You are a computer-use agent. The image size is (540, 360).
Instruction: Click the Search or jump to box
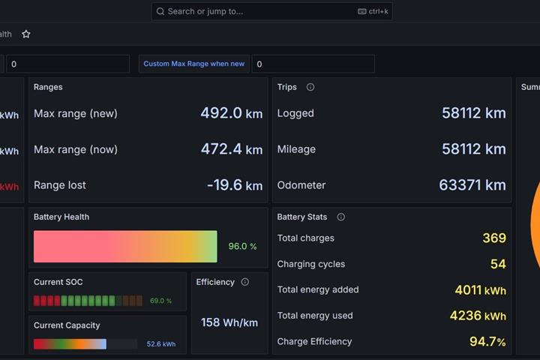coord(271,11)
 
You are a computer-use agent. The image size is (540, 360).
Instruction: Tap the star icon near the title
coord(26,34)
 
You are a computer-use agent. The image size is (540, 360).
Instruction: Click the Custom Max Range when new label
coord(194,64)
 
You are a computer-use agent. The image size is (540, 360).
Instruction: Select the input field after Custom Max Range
coord(313,64)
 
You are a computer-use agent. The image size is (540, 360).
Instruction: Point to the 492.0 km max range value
coord(232,113)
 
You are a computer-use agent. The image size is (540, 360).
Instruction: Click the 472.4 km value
coord(232,149)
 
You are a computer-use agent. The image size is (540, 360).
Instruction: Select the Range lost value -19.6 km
coord(235,185)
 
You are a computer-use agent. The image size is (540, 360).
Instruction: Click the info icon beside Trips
coord(310,87)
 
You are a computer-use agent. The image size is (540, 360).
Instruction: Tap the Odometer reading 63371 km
coord(472,185)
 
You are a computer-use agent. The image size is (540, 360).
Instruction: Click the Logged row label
coord(295,113)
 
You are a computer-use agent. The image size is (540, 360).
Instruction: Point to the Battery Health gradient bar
coord(125,246)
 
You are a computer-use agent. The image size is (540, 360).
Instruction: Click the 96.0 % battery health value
coord(242,246)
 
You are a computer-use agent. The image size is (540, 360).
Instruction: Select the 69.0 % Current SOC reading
coord(160,301)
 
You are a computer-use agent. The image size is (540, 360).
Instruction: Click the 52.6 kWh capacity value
coord(160,343)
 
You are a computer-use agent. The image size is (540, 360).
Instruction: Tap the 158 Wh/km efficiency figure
coord(229,322)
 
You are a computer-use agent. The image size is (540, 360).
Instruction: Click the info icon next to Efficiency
coord(244,282)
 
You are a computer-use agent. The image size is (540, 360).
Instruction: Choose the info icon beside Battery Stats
coord(341,217)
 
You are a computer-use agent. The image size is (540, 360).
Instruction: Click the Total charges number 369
coord(494,238)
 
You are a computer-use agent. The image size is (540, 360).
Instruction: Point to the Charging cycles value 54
coord(498,264)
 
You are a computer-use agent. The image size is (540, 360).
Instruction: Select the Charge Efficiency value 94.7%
coord(487,341)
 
